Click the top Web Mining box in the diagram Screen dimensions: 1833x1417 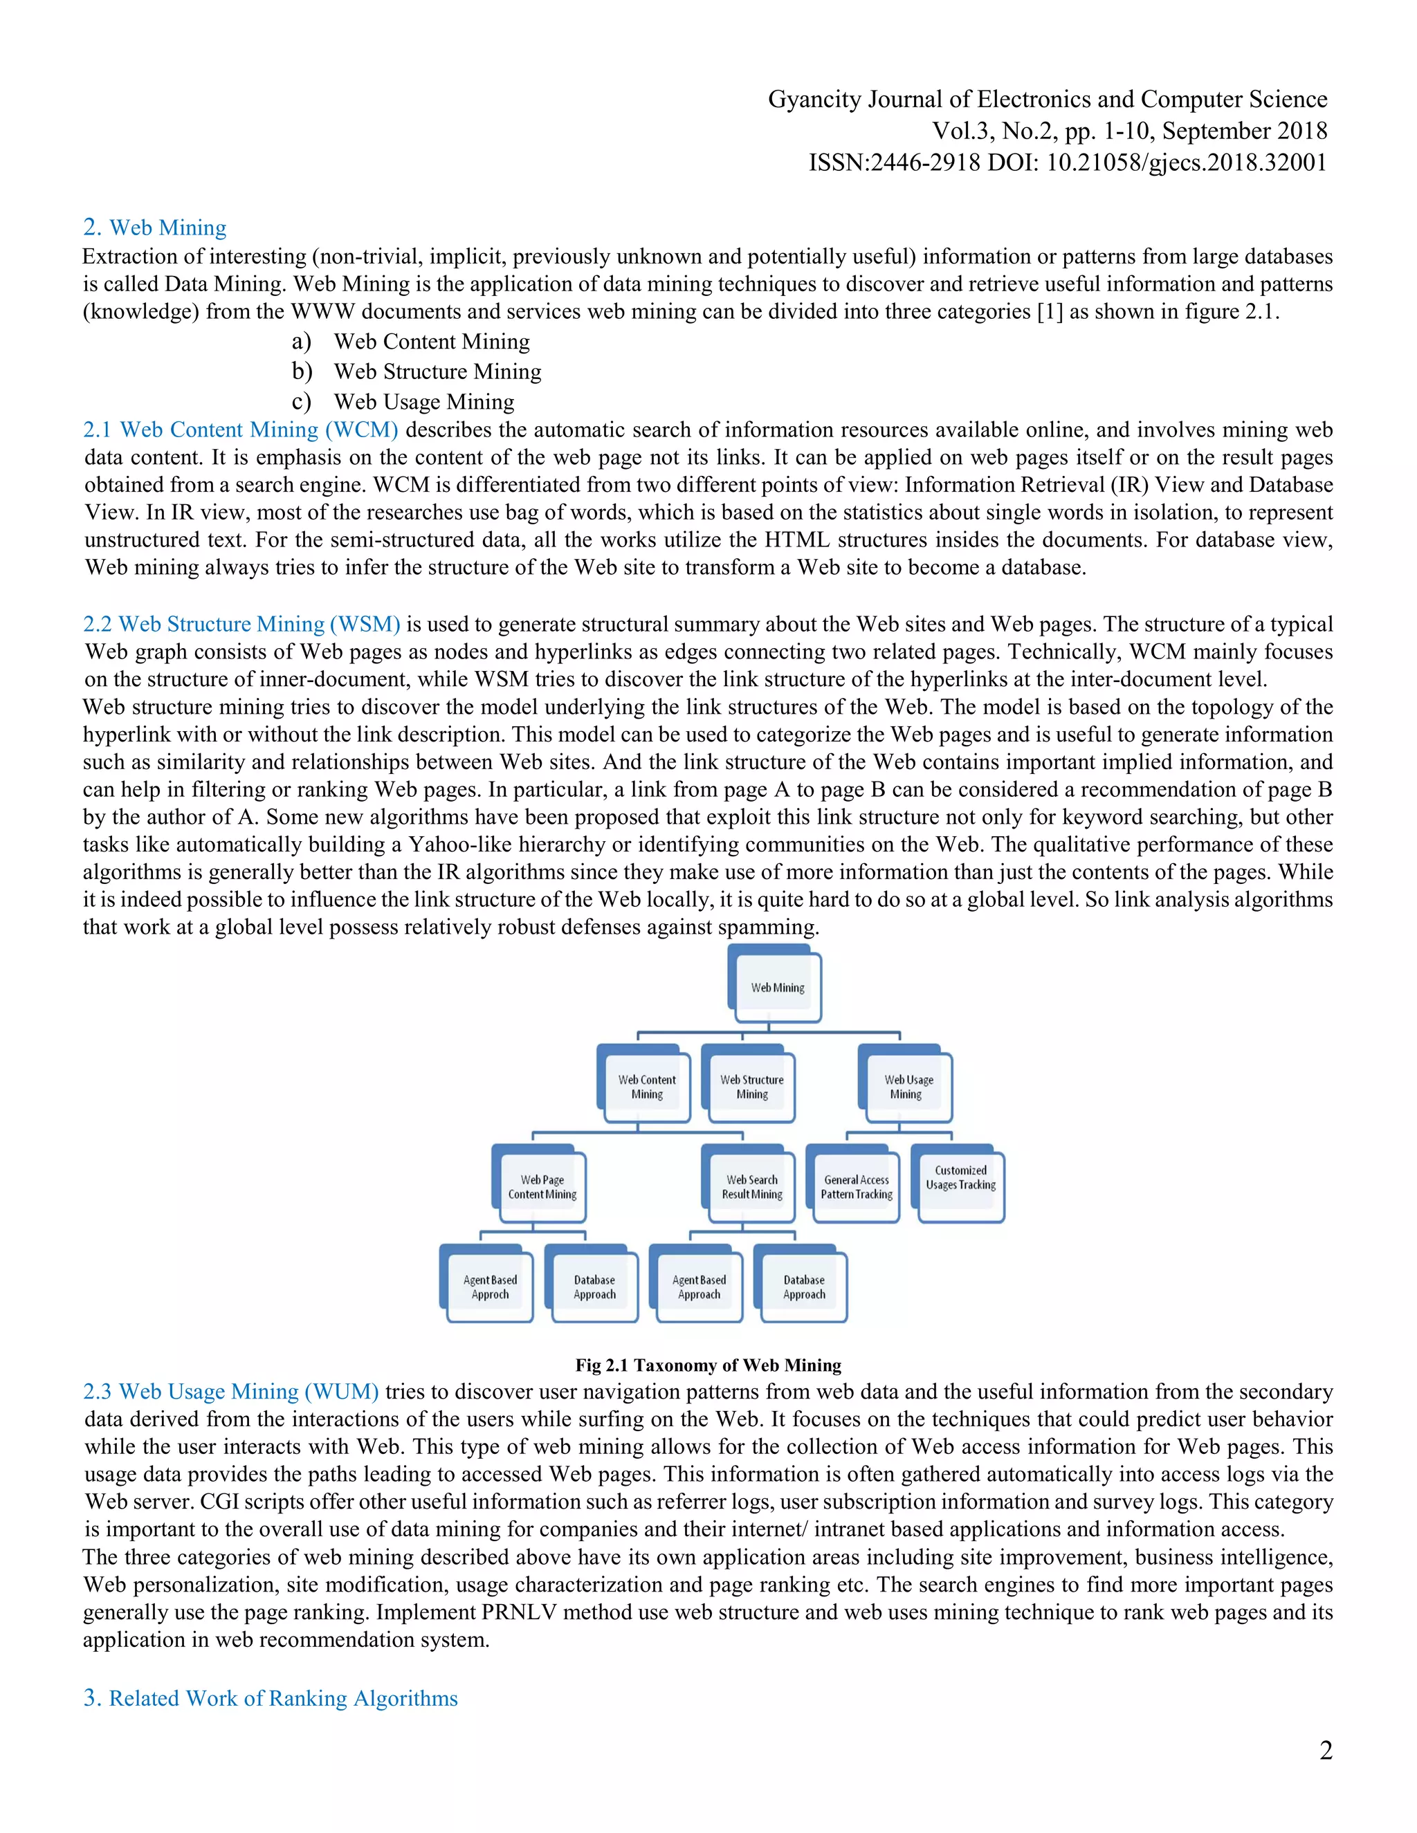point(776,986)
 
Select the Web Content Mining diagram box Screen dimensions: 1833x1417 point(646,1086)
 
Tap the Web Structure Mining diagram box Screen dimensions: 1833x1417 point(751,1086)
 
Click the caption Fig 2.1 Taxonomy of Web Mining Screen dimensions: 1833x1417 point(708,1365)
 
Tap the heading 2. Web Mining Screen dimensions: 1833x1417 point(154,228)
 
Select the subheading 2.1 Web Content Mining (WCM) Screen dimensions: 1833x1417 point(240,430)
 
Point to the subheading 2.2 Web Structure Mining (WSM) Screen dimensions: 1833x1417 point(241,625)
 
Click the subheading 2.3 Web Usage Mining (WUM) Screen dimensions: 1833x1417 point(231,1392)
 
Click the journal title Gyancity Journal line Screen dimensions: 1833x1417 point(1047,100)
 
